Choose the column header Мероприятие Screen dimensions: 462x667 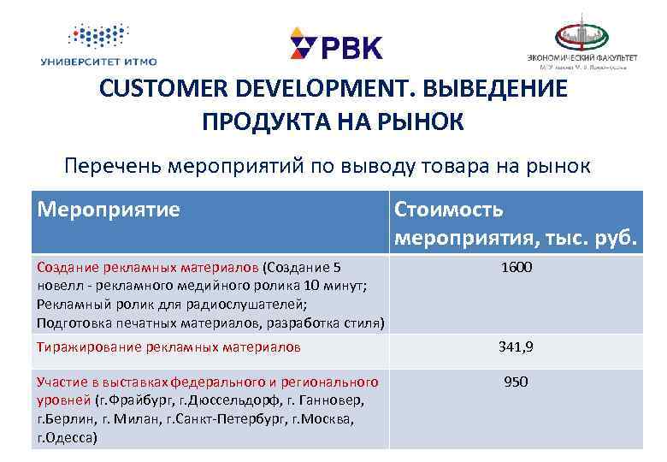[109, 209]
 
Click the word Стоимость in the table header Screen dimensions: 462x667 [448, 209]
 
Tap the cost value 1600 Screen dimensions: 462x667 [516, 268]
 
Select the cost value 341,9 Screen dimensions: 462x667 [516, 346]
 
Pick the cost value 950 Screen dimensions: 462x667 [516, 382]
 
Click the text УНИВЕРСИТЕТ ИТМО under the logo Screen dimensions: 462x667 [98, 61]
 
